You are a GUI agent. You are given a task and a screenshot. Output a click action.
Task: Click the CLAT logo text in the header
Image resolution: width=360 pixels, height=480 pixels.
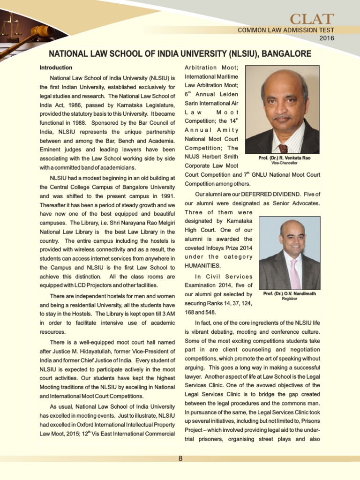coord(311,19)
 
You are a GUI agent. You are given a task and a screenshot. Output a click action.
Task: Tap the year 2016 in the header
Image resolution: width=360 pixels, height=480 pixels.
coord(327,38)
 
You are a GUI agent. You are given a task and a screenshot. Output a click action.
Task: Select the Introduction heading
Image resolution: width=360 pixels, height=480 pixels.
coord(56,67)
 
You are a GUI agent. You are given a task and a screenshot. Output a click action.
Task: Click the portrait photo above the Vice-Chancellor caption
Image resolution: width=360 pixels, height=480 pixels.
coord(282,109)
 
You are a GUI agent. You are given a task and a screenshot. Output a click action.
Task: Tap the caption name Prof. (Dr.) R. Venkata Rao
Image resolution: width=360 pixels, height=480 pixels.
coord(284,158)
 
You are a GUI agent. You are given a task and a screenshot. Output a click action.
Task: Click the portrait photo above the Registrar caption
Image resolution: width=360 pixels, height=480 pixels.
coord(289,253)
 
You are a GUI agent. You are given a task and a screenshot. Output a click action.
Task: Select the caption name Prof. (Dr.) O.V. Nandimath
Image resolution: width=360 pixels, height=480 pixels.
coord(290,293)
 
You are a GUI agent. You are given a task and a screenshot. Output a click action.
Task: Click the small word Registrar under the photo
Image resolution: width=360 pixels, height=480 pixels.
coord(290,299)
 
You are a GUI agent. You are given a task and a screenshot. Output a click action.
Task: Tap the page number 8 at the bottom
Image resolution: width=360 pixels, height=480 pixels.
coord(180,458)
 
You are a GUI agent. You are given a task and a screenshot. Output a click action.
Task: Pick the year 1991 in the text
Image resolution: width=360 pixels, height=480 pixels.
coord(166,196)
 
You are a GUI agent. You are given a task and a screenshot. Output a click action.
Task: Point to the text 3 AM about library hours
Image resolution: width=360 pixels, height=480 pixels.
coord(168,314)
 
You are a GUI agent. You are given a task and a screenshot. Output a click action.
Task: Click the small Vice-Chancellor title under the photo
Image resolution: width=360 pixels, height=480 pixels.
coord(284,163)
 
